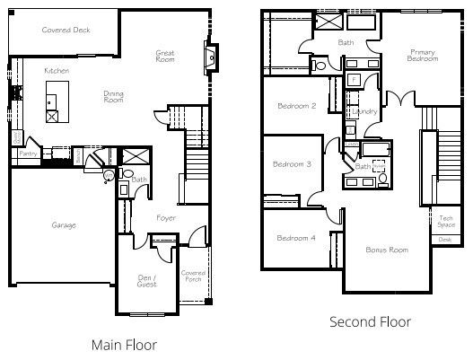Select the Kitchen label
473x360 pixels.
(x=58, y=69)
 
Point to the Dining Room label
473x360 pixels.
(x=114, y=96)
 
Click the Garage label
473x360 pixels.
(x=63, y=224)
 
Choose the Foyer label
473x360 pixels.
(x=165, y=218)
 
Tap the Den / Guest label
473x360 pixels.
(x=146, y=280)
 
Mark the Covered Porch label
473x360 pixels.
(x=193, y=277)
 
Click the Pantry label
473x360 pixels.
(x=28, y=154)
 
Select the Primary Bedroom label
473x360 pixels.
(x=423, y=56)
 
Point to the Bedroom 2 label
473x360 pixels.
(x=296, y=106)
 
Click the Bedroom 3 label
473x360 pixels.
(x=293, y=164)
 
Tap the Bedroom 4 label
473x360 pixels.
(x=295, y=238)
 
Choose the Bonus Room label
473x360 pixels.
(x=387, y=249)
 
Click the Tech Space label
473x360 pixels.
(x=446, y=222)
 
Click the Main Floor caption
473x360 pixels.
(x=125, y=344)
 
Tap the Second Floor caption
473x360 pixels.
(x=370, y=321)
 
